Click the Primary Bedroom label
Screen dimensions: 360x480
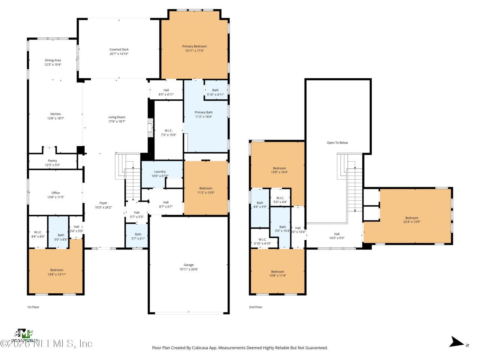point(194,46)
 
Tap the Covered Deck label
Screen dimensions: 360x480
point(119,49)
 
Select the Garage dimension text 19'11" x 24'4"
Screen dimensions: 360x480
point(189,269)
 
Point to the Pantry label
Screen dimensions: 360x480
point(52,160)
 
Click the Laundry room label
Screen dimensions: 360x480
point(160,172)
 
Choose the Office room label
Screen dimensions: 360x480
point(55,193)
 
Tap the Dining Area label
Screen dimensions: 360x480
point(52,60)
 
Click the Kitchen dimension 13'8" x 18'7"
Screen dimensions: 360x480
point(55,118)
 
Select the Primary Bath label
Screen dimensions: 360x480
point(204,112)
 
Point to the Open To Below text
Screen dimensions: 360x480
point(337,142)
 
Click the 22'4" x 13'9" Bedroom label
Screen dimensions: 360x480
point(411,218)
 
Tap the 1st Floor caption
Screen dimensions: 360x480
point(33,307)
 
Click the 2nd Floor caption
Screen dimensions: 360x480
point(256,307)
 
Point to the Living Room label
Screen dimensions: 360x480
point(117,117)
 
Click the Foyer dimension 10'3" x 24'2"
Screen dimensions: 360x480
point(103,207)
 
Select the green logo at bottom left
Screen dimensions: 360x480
point(24,333)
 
